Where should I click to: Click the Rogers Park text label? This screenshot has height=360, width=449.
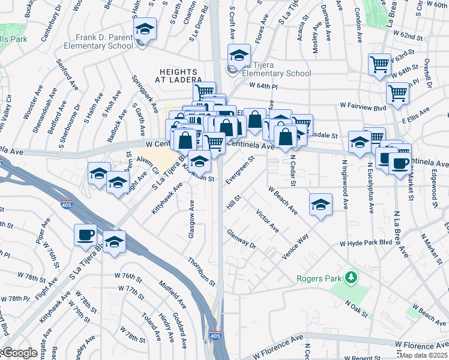318,278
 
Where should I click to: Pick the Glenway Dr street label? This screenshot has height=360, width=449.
241,238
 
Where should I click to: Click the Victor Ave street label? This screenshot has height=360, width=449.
267,221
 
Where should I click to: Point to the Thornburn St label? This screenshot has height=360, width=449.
200,270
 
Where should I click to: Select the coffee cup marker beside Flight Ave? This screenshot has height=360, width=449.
85,234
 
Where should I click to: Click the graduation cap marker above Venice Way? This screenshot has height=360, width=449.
321,204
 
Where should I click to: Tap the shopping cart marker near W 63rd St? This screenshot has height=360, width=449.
379,64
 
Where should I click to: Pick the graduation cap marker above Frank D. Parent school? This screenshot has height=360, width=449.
145,28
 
